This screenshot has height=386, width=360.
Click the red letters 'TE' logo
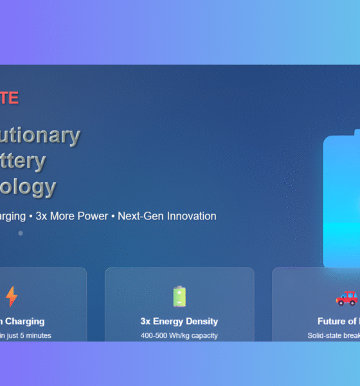coord(9,98)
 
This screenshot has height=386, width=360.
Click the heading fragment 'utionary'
coord(40,135)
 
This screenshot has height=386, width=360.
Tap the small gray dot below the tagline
coord(20,233)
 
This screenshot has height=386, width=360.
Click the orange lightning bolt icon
coord(12,297)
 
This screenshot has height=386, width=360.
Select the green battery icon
coord(179,297)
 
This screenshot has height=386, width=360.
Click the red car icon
coord(346,297)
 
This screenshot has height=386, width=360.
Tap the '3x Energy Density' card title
coord(179,321)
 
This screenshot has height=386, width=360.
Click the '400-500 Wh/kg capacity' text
coord(179,335)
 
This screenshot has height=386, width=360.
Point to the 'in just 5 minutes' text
coord(26,335)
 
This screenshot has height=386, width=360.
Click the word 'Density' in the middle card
coord(201,321)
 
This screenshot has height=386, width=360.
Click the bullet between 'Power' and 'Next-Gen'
coord(113,217)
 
